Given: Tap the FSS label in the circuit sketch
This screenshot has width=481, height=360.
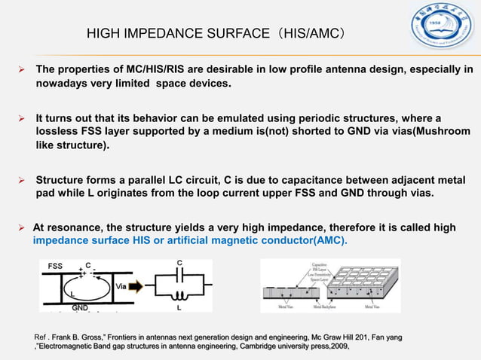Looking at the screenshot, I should point(55,266).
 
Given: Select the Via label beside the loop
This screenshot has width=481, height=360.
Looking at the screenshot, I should point(121,286).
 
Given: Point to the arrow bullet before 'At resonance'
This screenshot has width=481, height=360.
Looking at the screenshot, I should point(22,226).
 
